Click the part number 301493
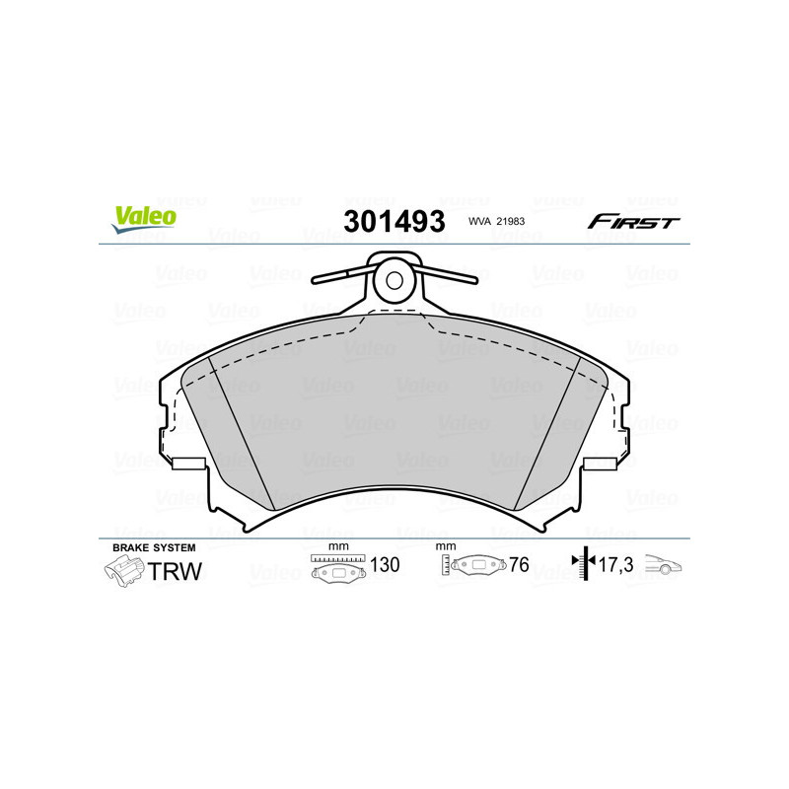(394, 221)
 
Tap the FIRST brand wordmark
(633, 222)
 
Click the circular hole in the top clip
(394, 279)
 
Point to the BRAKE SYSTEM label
(154, 546)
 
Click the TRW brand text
(175, 569)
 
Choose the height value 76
(519, 566)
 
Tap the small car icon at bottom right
(663, 566)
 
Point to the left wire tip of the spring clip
(313, 279)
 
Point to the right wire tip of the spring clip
(476, 279)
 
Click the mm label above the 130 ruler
(338, 546)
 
